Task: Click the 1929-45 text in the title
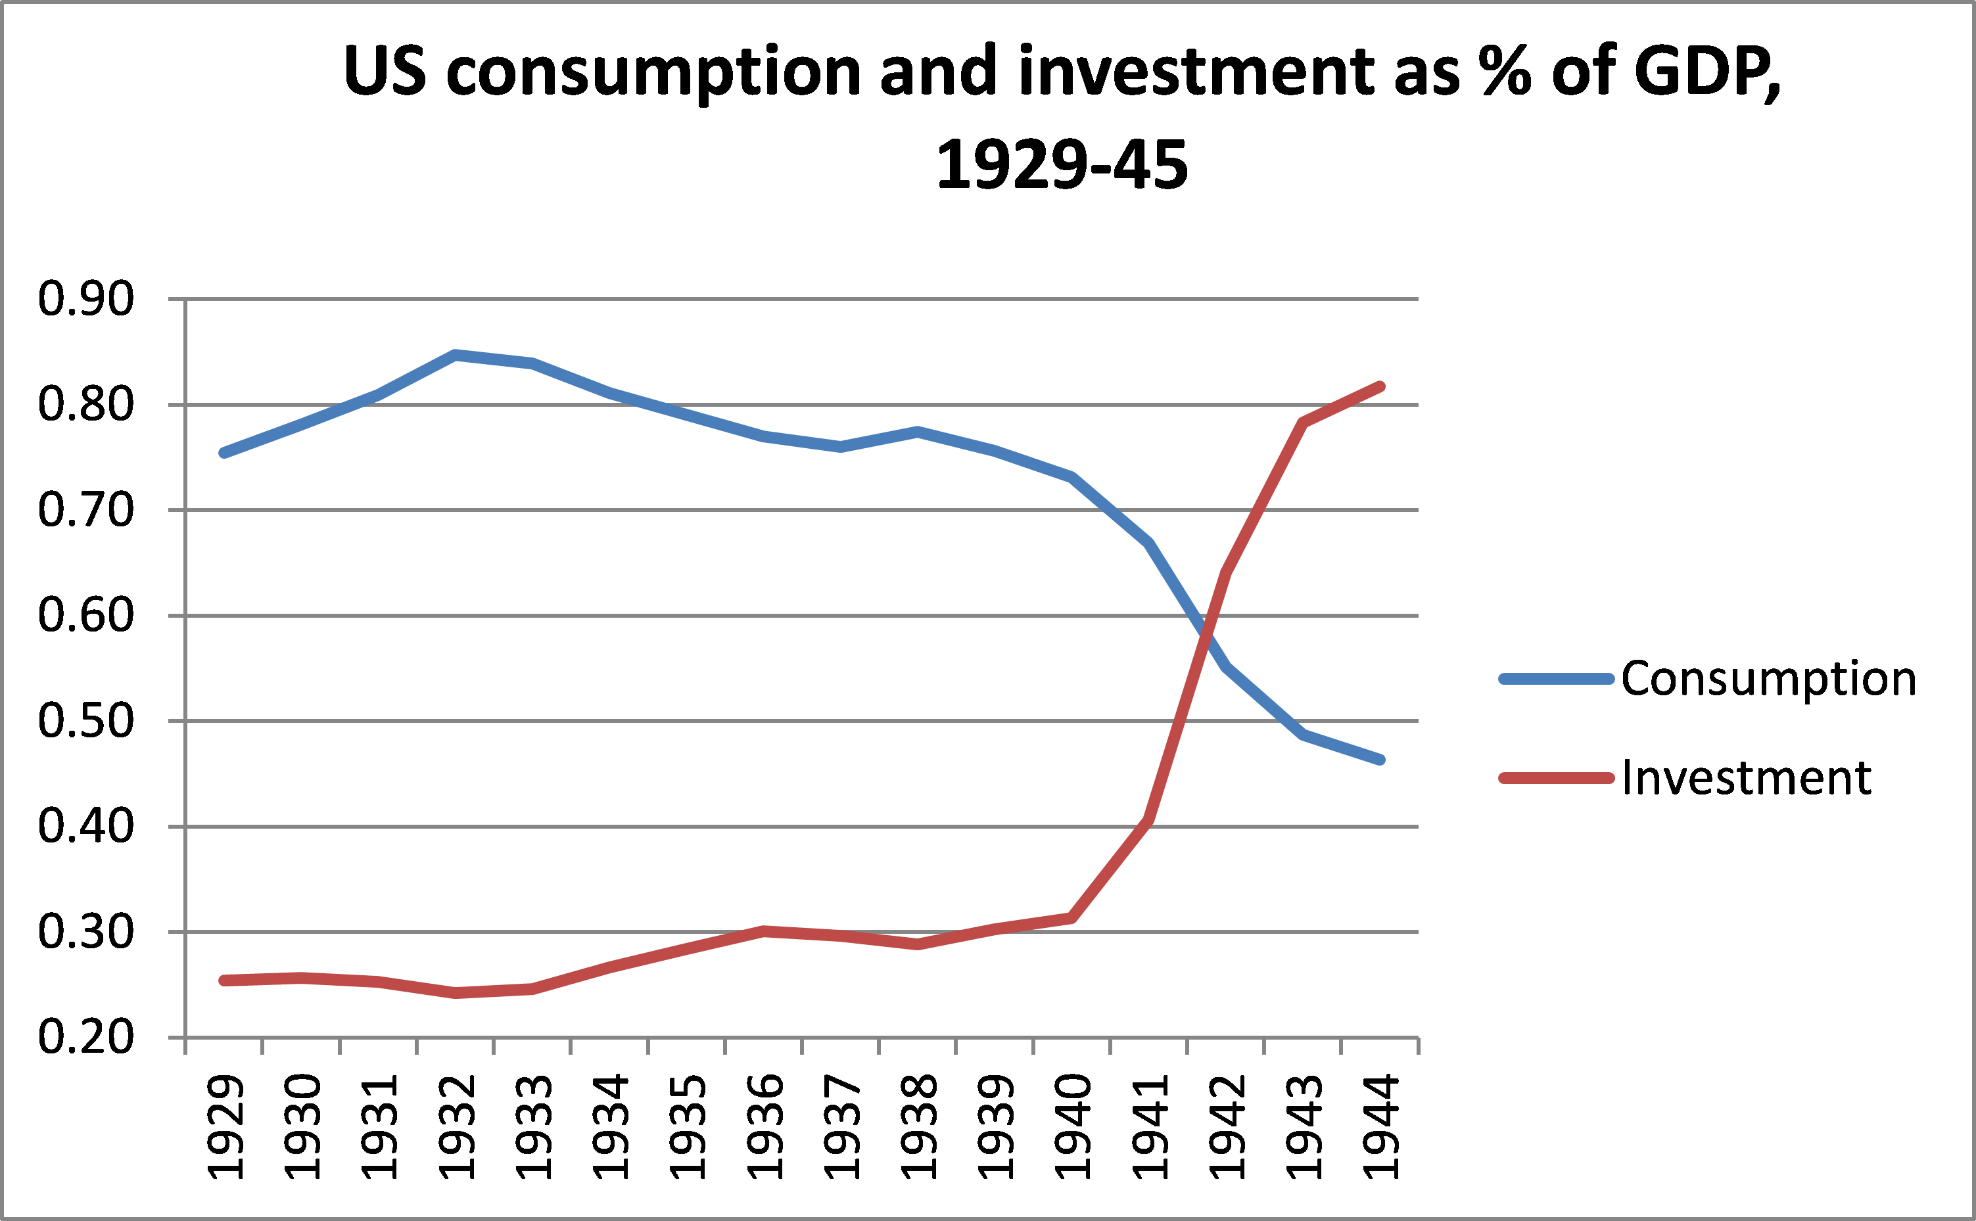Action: (1061, 166)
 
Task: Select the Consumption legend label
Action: (1768, 678)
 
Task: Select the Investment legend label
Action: (1746, 777)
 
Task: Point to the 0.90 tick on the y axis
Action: (85, 299)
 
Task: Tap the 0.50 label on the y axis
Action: (85, 720)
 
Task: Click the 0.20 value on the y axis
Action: (85, 1037)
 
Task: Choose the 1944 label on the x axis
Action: (1380, 1126)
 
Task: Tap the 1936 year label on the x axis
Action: (764, 1126)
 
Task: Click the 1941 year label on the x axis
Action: (1149, 1126)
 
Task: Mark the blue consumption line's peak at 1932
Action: (456, 354)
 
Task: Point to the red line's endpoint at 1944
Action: (1380, 387)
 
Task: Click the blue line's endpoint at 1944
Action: (1380, 759)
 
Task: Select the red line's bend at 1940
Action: (1071, 918)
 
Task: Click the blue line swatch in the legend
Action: (1555, 679)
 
